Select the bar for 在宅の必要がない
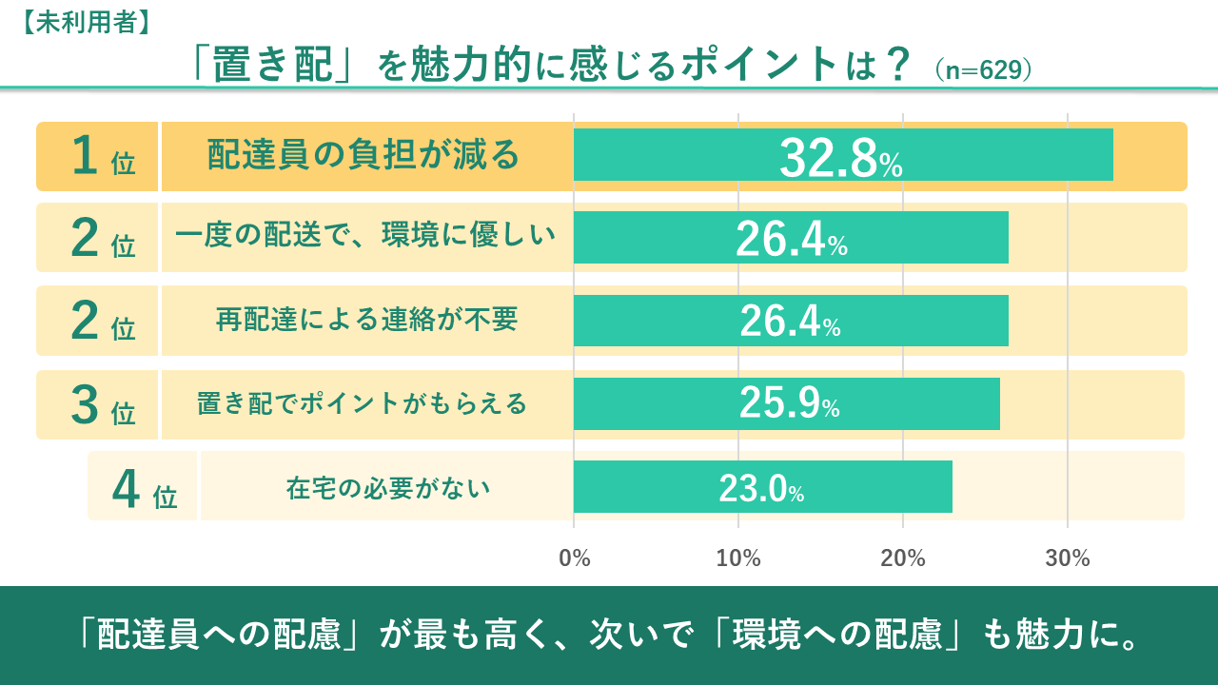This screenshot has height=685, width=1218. point(762,486)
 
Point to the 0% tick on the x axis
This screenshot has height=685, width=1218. point(575,558)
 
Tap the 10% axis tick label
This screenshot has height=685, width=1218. point(738,558)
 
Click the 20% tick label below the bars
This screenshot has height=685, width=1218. point(903,558)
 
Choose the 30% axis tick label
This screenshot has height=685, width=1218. point(1068,558)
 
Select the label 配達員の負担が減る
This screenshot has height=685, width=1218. point(363,155)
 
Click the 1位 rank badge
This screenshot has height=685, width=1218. point(101,157)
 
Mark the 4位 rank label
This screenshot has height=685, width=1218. point(144,488)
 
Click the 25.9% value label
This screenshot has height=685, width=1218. point(789,405)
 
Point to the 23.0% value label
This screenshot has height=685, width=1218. point(761,489)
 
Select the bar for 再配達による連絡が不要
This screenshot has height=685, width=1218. point(791,321)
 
